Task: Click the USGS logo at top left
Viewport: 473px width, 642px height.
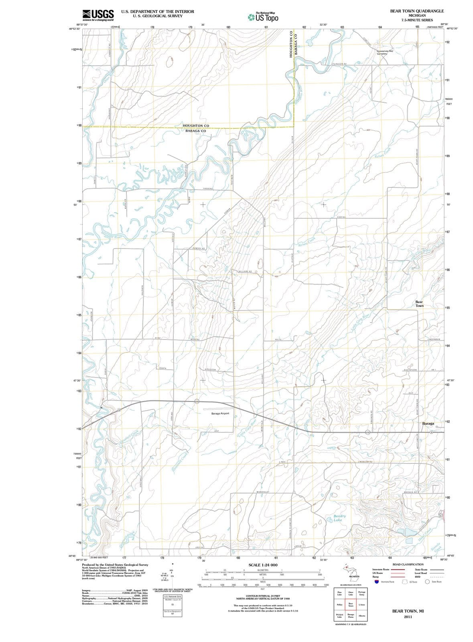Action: coord(98,15)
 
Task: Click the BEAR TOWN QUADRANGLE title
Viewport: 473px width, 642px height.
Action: coord(417,11)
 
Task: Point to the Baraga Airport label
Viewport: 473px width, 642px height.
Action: coord(220,413)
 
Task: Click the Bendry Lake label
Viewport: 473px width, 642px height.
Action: coord(339,518)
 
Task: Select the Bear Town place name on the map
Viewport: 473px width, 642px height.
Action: coord(419,303)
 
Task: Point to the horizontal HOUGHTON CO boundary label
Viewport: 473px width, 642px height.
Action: coord(196,126)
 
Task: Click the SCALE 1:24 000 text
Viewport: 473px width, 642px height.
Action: coord(263,565)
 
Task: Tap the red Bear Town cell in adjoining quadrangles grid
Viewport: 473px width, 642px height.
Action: coord(351,604)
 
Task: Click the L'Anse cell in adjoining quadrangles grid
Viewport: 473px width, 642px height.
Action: coord(361,604)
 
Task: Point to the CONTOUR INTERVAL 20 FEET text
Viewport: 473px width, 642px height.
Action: coord(263,596)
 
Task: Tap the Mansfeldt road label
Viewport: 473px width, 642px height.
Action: coord(262,492)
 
